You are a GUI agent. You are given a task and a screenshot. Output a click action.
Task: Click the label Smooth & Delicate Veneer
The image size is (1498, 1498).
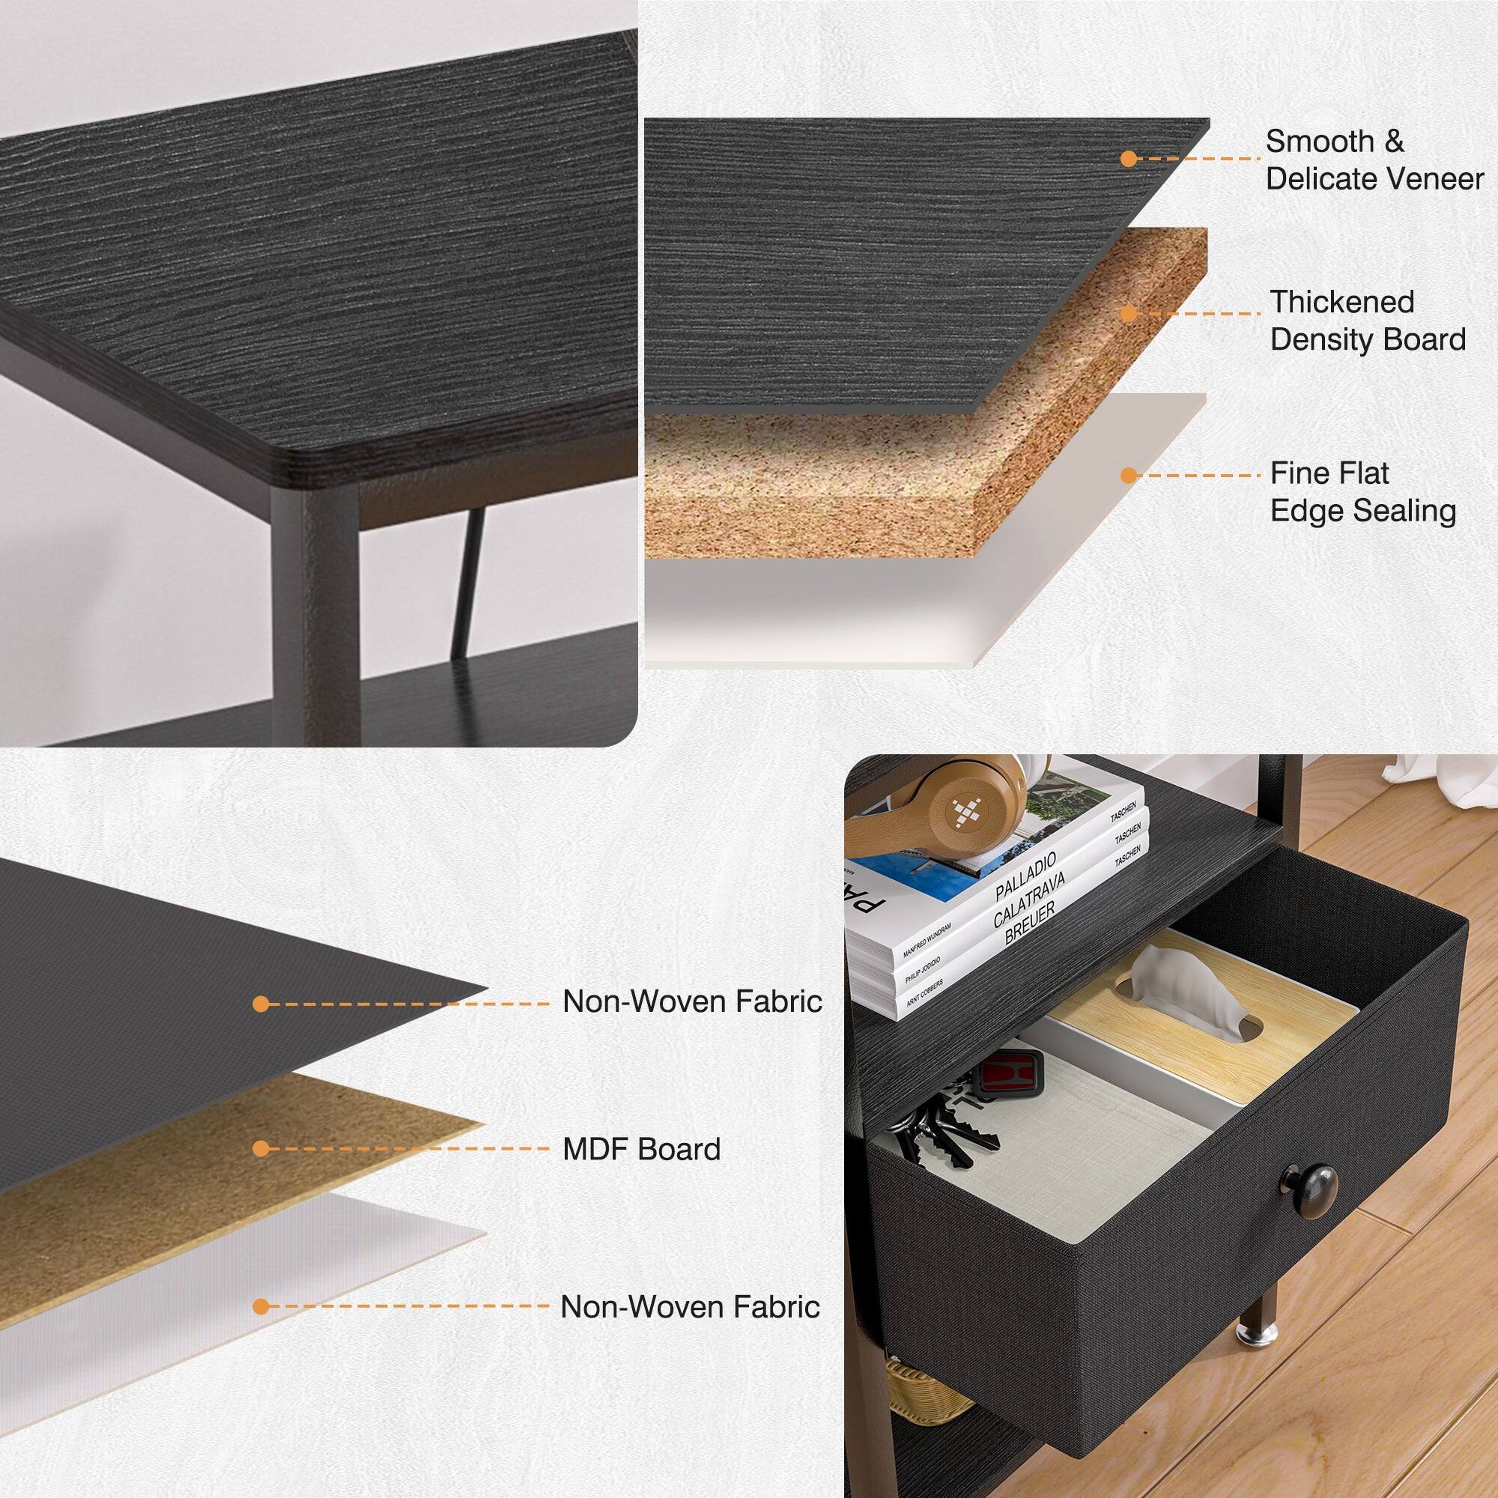point(1374,160)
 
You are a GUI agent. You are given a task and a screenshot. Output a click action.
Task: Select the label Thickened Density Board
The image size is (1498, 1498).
point(1368,321)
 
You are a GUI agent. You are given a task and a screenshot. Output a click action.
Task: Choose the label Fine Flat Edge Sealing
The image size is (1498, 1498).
point(1362,491)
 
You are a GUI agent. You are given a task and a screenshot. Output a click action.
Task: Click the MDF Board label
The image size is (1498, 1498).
point(641,1148)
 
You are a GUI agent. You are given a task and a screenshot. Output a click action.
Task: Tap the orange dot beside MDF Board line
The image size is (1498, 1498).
point(261,1148)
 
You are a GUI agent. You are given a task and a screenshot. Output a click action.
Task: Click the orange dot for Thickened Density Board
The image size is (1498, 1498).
point(1129,314)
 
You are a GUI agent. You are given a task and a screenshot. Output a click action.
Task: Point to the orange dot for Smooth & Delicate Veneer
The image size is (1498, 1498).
point(1129,159)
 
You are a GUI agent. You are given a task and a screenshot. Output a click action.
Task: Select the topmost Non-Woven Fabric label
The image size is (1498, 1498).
point(691,1001)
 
